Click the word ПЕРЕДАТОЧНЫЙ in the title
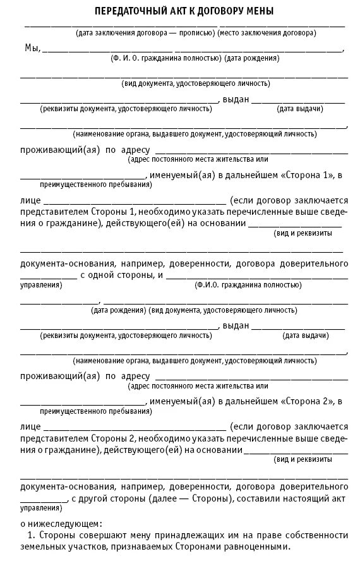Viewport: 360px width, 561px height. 129,11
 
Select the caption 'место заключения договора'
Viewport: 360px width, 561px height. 268,32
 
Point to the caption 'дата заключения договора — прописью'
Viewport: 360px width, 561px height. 145,32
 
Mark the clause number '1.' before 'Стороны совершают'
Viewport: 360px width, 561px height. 30,536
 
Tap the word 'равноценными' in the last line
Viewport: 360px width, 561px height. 258,547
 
